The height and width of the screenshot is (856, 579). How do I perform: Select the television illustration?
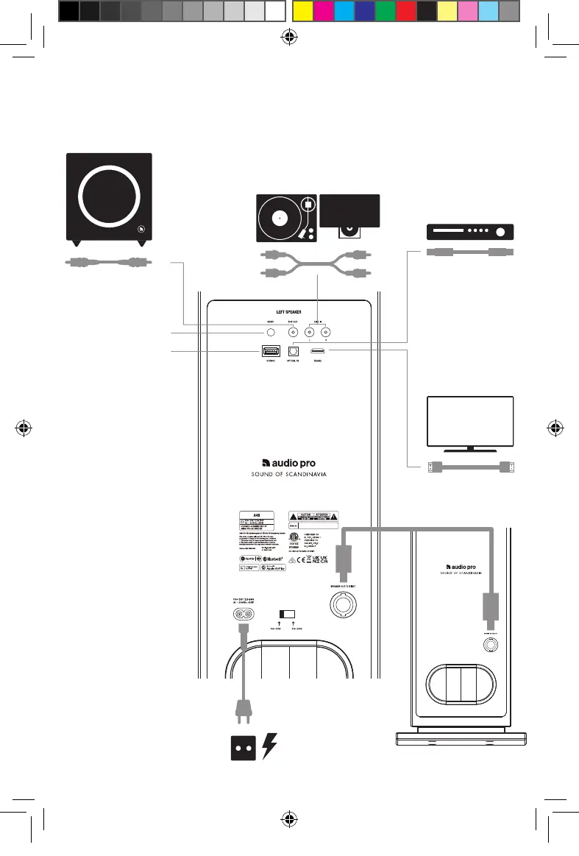point(470,422)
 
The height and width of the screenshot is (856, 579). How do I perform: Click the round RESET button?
point(271,333)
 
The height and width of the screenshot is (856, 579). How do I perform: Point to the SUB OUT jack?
point(292,333)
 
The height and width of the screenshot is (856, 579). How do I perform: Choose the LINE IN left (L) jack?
point(310,333)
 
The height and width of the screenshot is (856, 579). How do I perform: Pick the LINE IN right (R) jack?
point(326,333)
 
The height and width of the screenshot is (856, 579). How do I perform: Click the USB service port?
point(271,352)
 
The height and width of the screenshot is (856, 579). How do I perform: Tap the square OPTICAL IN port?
point(293,352)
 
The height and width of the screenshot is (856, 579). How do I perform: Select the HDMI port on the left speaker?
point(318,352)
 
